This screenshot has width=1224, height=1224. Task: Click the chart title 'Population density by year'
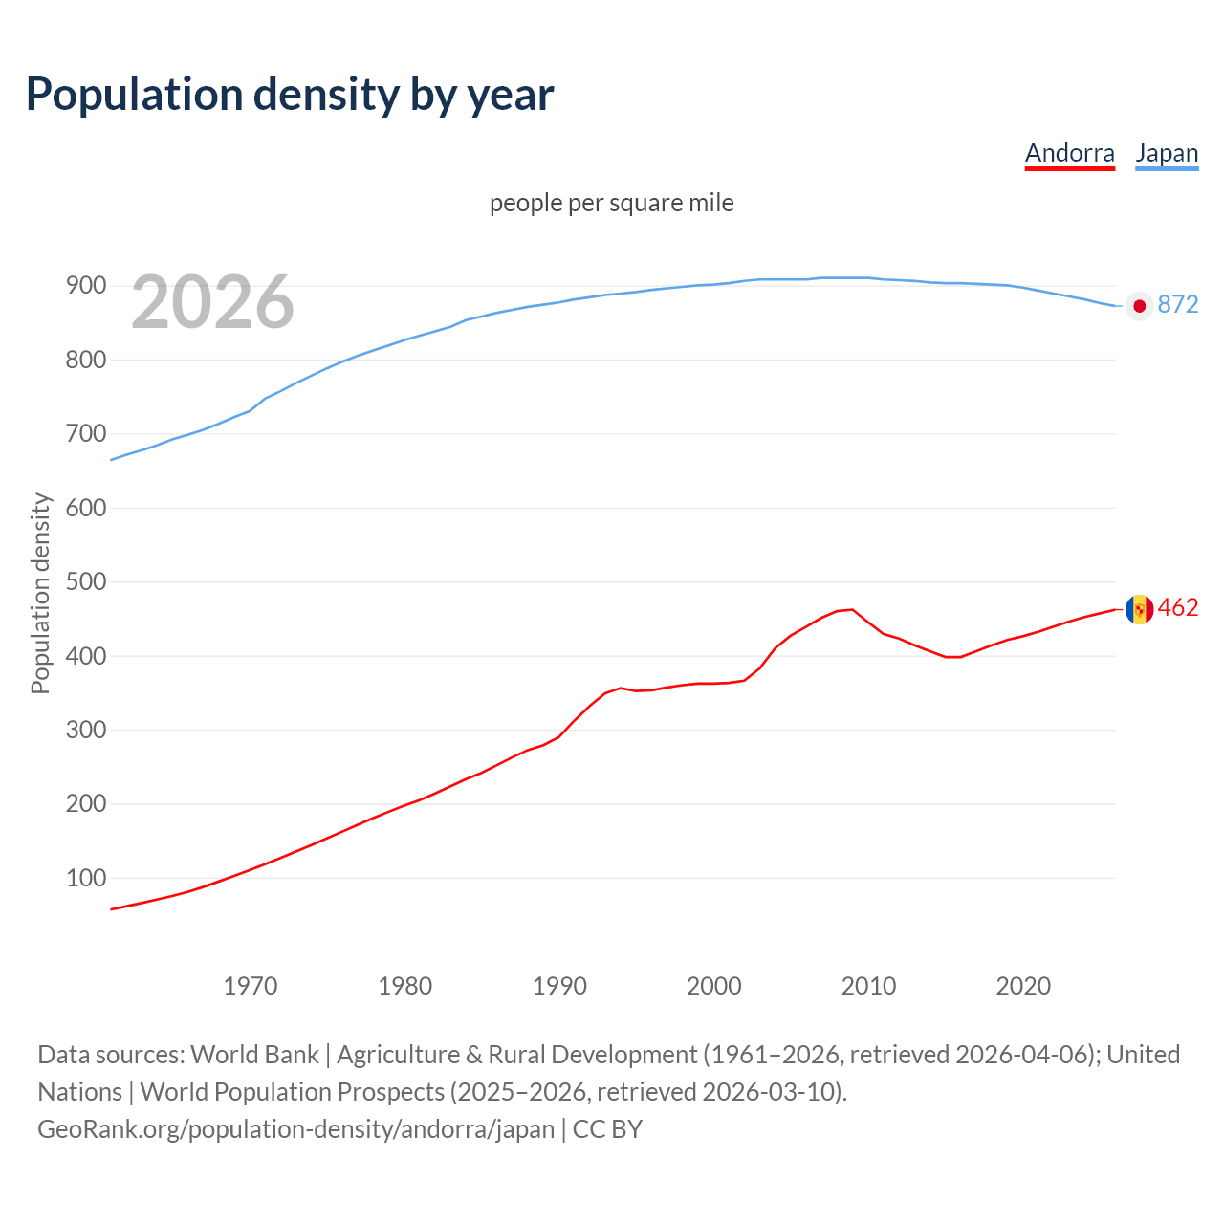(x=290, y=94)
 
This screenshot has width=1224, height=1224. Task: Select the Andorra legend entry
(x=1069, y=153)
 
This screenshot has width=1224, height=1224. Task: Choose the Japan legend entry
(x=1166, y=153)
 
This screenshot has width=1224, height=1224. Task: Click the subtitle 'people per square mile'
(x=611, y=203)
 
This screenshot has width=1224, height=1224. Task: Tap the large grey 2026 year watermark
(x=212, y=302)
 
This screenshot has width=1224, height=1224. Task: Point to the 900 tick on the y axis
(x=85, y=286)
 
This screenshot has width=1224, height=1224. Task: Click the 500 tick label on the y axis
(x=85, y=582)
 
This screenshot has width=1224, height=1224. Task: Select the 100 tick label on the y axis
(x=85, y=878)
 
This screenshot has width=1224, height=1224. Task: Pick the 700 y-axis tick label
(x=85, y=434)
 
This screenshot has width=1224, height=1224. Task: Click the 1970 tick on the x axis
(x=251, y=986)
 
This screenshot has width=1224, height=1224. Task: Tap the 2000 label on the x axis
(x=713, y=986)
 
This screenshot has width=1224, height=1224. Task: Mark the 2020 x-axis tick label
(x=1023, y=986)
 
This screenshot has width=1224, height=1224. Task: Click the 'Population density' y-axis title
(x=40, y=593)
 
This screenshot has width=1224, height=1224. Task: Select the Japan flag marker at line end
(x=1139, y=306)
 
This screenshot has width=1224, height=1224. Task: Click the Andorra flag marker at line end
(x=1139, y=609)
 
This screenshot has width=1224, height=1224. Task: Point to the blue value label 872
(x=1177, y=304)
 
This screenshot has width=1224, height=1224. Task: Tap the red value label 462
(x=1177, y=608)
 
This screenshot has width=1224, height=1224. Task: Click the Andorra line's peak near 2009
(x=852, y=609)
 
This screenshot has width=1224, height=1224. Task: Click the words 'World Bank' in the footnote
(x=254, y=1055)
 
